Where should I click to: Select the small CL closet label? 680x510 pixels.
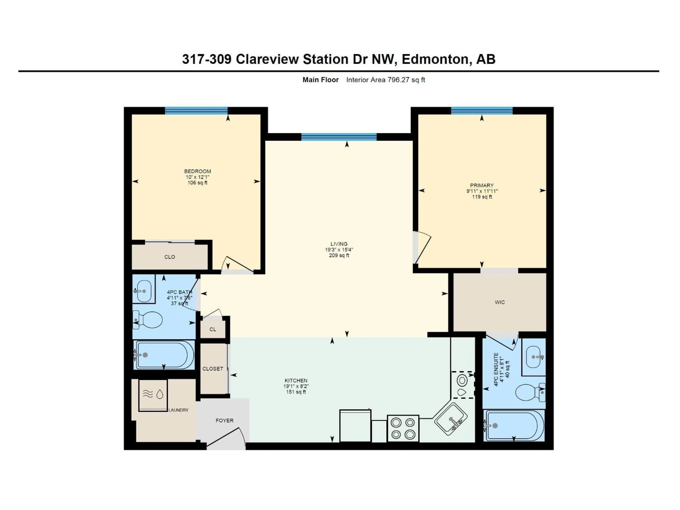[x=213, y=329]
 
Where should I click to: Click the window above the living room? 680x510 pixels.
[x=339, y=137]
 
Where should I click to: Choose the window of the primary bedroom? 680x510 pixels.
[x=481, y=111]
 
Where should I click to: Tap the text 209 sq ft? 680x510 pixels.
[x=339, y=256]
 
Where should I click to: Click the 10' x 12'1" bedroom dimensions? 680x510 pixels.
[x=197, y=177]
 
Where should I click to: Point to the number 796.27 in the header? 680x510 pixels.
[x=398, y=80]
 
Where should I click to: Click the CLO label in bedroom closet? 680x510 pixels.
[x=170, y=257]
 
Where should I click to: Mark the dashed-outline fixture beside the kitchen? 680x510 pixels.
[x=462, y=385]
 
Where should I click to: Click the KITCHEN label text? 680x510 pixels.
[x=296, y=381]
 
